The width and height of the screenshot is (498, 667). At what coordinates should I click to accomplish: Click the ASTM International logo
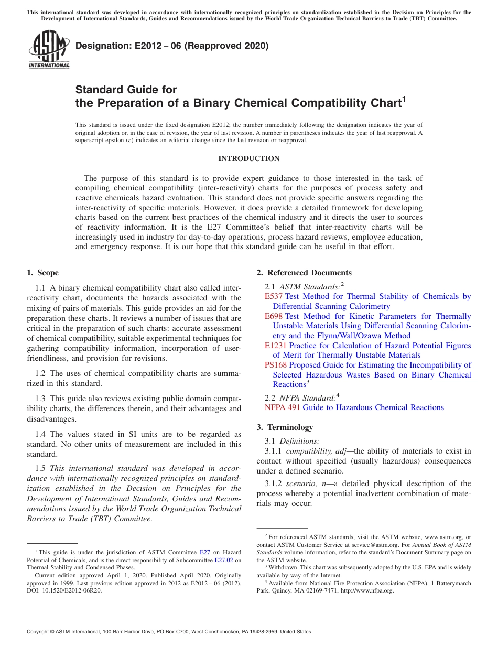[49, 50]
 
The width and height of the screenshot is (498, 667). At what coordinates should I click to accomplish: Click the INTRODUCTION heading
[248, 158]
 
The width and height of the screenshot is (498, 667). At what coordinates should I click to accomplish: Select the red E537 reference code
[274, 296]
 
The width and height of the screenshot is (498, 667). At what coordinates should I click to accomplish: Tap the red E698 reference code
[274, 316]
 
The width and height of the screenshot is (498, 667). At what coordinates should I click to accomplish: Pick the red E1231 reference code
[276, 346]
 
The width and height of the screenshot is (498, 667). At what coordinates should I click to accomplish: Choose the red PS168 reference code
[276, 365]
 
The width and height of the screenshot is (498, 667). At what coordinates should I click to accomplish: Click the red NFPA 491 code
[282, 407]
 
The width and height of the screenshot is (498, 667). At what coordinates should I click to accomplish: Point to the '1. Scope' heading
[42, 273]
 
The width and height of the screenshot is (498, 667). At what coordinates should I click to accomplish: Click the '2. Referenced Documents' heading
[304, 273]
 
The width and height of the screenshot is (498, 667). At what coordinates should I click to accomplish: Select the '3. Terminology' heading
[285, 427]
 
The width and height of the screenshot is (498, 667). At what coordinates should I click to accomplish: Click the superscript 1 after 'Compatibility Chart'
[404, 99]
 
